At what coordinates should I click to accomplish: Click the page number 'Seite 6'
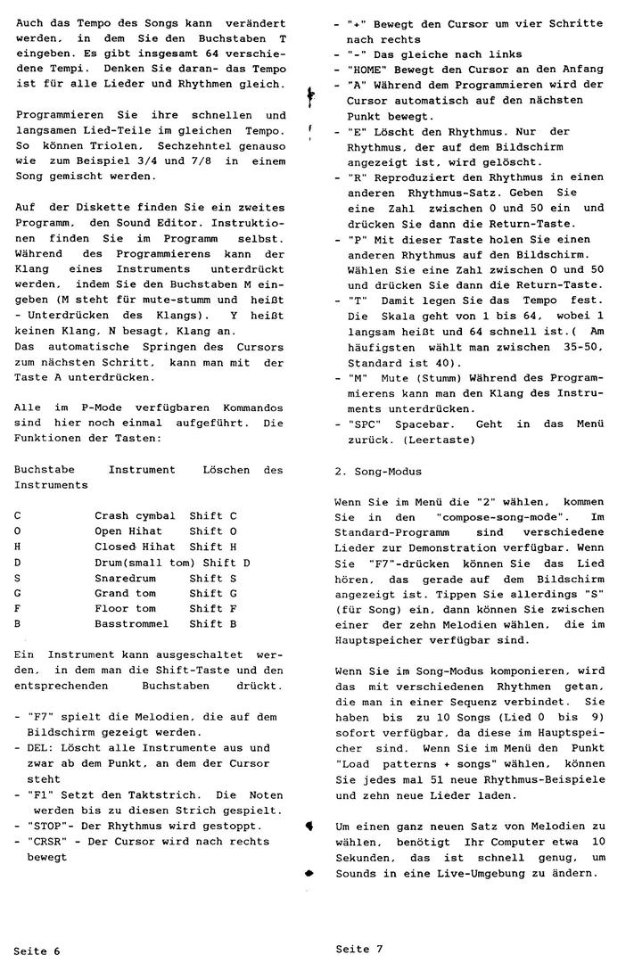[37, 951]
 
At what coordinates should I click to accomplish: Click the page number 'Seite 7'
[359, 948]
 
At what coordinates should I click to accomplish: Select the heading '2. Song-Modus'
[377, 470]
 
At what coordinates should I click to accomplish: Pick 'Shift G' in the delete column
[212, 593]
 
